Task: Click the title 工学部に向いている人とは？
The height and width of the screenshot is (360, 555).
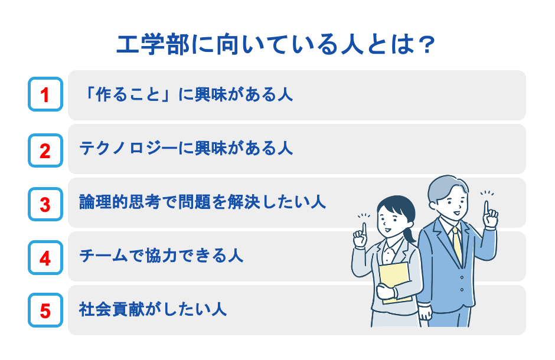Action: [276, 45]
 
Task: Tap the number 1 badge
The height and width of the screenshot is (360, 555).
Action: [45, 94]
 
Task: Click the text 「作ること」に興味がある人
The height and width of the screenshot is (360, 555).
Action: [187, 94]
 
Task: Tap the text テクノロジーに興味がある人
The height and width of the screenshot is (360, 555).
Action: [187, 149]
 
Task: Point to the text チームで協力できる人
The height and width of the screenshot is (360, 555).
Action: [161, 257]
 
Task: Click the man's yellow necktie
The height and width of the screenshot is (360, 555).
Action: [457, 246]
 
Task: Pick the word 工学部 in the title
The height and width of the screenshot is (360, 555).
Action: [141, 45]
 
